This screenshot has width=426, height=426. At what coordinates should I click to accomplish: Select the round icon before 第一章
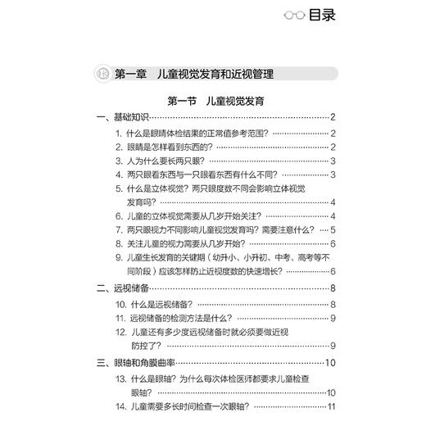pos(103,74)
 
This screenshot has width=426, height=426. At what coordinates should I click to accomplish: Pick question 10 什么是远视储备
pos(161,303)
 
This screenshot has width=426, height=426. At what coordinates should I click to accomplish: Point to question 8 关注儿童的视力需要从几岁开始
pos(193,243)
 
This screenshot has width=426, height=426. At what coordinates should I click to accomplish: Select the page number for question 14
pos(332,407)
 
